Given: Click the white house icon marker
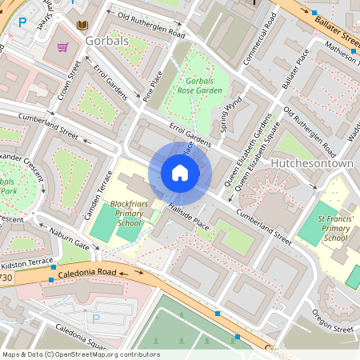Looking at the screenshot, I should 180,173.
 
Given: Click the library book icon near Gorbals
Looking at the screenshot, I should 81,26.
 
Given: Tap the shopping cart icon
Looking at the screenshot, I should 62,49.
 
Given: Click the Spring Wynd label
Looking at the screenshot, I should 231,114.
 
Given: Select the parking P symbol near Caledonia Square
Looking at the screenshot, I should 97,318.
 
